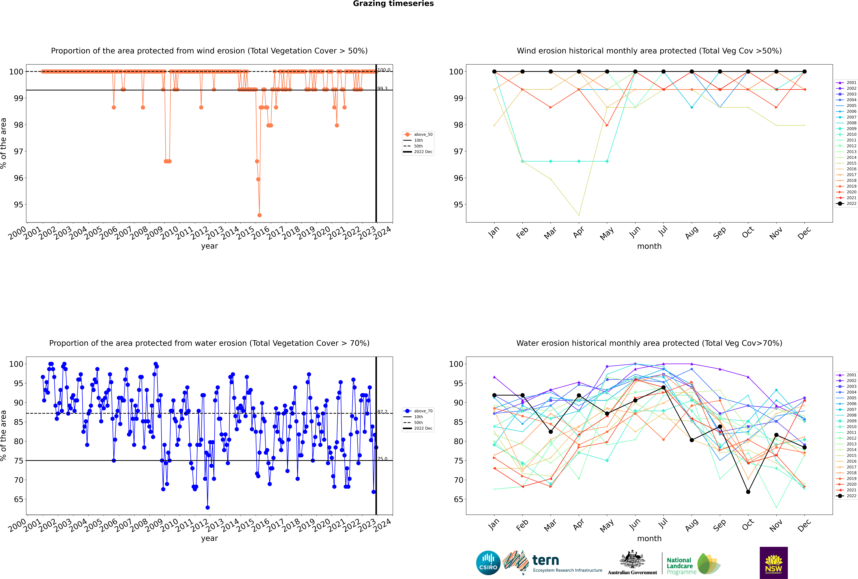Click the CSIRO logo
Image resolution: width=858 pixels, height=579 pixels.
[x=488, y=563]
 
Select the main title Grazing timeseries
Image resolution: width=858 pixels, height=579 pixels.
[x=393, y=4]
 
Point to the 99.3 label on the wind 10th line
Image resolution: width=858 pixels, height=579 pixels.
[x=382, y=89]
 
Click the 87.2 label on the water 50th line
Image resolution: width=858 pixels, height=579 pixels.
[x=382, y=412]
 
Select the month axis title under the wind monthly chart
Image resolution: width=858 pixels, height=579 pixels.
[x=649, y=246]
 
